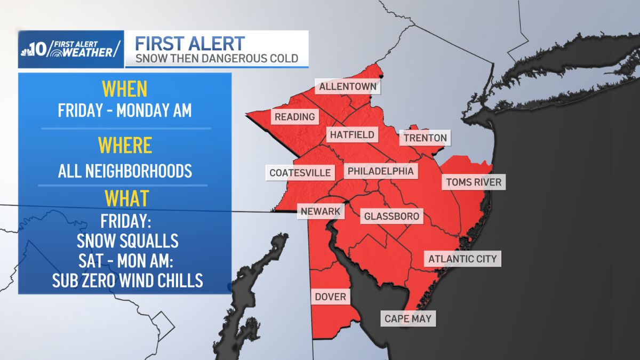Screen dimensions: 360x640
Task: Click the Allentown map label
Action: click(348, 86)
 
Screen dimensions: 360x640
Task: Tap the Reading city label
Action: click(295, 117)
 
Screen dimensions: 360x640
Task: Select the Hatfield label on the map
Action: click(352, 134)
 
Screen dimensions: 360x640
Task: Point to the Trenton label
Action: click(425, 138)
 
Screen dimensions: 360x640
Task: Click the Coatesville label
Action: click(300, 172)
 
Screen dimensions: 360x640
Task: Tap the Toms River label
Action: click(474, 182)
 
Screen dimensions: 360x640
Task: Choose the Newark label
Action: click(321, 211)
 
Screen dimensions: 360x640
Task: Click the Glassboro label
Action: click(392, 217)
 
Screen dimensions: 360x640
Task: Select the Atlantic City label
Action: click(462, 259)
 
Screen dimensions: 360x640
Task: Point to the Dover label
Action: click(331, 297)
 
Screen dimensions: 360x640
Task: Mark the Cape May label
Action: click(408, 319)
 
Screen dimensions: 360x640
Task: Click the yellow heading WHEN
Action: click(124, 89)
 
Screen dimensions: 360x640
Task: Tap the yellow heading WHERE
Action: click(124, 145)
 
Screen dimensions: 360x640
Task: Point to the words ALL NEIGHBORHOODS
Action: click(125, 171)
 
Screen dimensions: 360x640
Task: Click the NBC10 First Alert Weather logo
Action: click(71, 49)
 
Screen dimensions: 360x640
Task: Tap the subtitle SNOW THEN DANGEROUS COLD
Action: click(216, 58)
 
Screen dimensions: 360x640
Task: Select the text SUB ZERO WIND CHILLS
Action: click(127, 280)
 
